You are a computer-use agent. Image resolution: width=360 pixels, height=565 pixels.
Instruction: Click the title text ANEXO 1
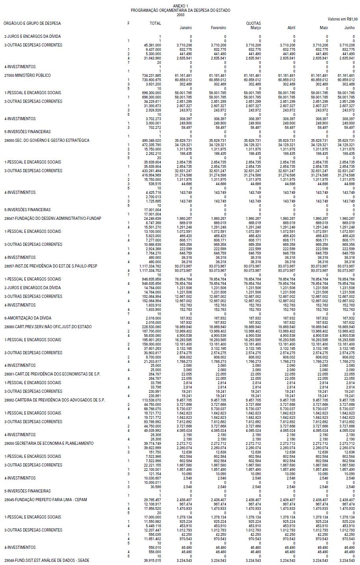(x=180, y=6)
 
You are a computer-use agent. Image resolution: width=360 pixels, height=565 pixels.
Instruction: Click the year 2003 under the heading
(x=180, y=15)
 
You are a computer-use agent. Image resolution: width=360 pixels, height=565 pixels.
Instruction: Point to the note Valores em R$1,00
(x=343, y=19)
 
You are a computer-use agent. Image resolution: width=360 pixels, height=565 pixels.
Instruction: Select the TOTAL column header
(x=155, y=23)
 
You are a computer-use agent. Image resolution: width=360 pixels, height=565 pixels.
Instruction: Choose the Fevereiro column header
(x=219, y=28)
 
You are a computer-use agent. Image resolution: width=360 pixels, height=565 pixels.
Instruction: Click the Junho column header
(x=349, y=28)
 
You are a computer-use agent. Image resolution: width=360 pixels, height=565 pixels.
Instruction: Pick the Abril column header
(x=291, y=28)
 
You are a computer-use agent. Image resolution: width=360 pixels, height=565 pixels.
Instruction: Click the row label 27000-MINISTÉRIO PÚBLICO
(x=28, y=75)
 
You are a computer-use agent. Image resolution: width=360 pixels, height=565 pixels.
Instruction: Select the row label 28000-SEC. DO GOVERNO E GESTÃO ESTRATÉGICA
(x=47, y=140)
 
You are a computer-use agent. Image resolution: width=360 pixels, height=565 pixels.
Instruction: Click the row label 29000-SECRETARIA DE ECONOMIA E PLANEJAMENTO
(x=49, y=443)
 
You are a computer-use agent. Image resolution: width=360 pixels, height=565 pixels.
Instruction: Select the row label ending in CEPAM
(x=46, y=500)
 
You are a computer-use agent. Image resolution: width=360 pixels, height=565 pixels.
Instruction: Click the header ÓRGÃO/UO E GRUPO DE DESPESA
(x=32, y=23)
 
